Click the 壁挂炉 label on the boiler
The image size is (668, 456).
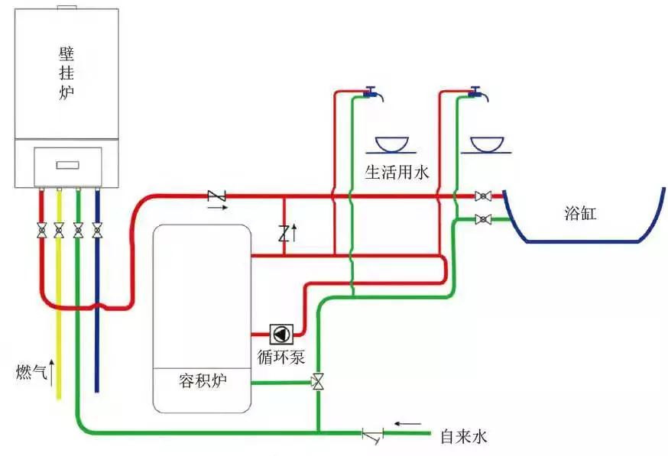click(x=67, y=73)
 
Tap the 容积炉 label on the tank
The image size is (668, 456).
click(x=203, y=380)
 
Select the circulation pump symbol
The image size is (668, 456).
click(x=280, y=335)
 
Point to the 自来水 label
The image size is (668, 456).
click(x=463, y=437)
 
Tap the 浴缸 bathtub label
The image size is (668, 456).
click(x=579, y=214)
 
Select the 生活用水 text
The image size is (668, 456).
click(x=397, y=173)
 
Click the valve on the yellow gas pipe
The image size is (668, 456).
click(x=59, y=229)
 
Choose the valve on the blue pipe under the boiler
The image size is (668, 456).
click(x=97, y=229)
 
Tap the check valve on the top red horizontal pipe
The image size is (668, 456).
click(x=217, y=197)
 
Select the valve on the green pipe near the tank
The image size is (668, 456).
click(x=318, y=380)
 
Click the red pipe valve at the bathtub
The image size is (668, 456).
click(x=482, y=196)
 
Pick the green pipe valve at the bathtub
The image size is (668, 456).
click(x=482, y=219)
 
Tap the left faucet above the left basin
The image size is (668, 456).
click(x=373, y=93)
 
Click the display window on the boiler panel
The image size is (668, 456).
click(x=67, y=164)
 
